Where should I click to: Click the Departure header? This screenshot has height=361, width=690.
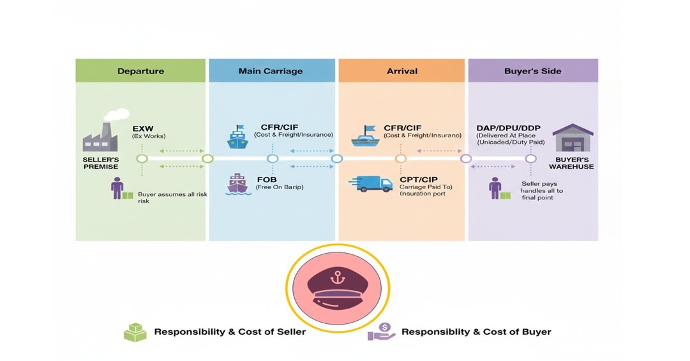click(140, 71)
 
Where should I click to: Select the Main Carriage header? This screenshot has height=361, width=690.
click(271, 71)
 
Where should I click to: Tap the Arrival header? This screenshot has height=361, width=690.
click(402, 71)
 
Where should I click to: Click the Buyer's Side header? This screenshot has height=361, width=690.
click(533, 71)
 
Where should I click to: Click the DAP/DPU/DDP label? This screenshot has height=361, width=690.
click(509, 128)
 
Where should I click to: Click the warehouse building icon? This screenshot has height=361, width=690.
click(573, 137)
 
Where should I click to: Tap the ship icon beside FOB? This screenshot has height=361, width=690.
click(237, 184)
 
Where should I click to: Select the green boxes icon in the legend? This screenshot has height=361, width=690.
click(135, 332)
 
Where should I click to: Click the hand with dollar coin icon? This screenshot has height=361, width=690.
click(381, 332)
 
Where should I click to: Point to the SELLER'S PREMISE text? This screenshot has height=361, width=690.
click(101, 163)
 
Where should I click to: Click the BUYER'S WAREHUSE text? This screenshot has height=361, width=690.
click(571, 163)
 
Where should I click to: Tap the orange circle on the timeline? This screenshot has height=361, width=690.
click(401, 158)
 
